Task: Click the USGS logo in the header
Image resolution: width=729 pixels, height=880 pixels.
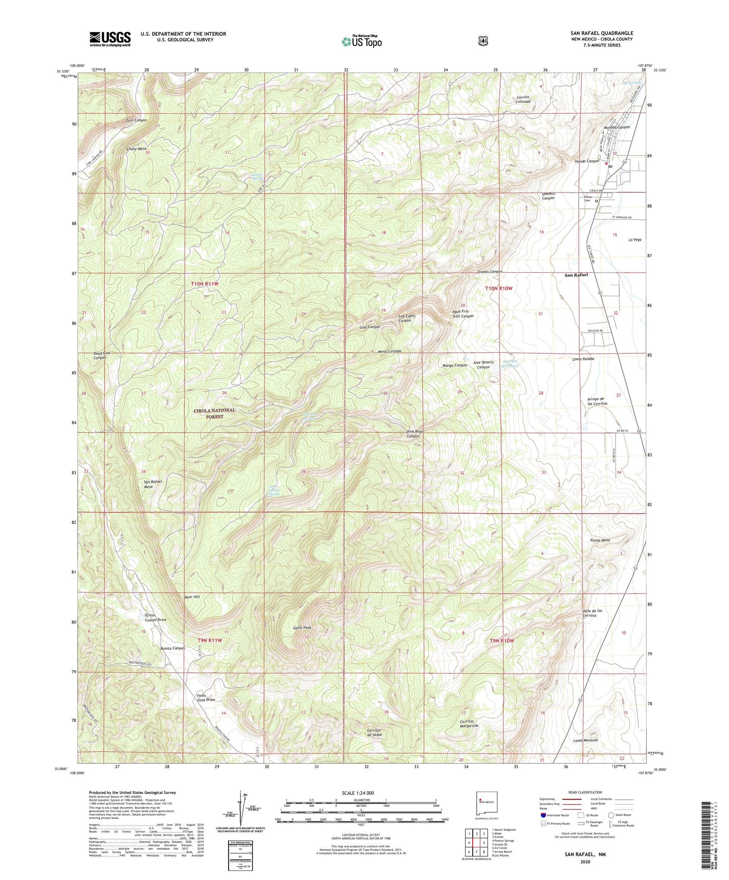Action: click(x=110, y=39)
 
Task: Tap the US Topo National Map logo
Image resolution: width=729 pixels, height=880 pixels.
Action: click(x=360, y=41)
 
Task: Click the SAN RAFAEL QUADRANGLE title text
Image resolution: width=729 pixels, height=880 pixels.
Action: click(x=599, y=33)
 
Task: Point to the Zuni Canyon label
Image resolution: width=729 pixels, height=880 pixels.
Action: click(x=136, y=120)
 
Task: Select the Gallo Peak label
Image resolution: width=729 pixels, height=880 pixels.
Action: click(x=302, y=628)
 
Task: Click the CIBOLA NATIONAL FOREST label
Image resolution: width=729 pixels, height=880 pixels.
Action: click(x=214, y=413)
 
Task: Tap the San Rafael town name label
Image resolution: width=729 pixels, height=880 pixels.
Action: click(x=576, y=275)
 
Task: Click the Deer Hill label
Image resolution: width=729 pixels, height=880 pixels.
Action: click(x=192, y=597)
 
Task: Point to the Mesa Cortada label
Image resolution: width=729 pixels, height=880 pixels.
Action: click(x=389, y=351)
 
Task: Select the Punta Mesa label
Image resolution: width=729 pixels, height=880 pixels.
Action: click(x=600, y=540)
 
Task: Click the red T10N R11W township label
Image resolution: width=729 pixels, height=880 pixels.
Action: click(x=205, y=284)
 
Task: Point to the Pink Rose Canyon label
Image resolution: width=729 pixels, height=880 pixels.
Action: click(x=413, y=434)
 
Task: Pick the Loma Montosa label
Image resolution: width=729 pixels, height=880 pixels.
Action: click(x=586, y=740)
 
